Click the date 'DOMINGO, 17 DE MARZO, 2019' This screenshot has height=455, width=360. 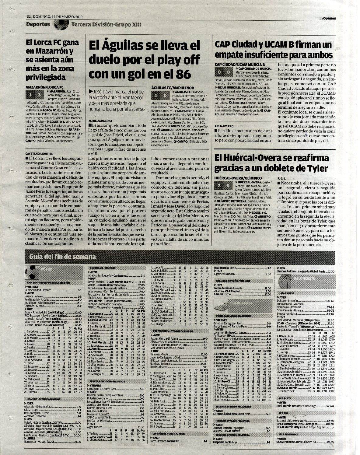coord(55,17)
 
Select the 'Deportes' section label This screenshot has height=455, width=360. coord(38,24)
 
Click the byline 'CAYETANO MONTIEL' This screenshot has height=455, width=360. coord(39,154)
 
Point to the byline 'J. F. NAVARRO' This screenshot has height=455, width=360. coord(224,125)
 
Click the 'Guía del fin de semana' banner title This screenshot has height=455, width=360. coord(62,257)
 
